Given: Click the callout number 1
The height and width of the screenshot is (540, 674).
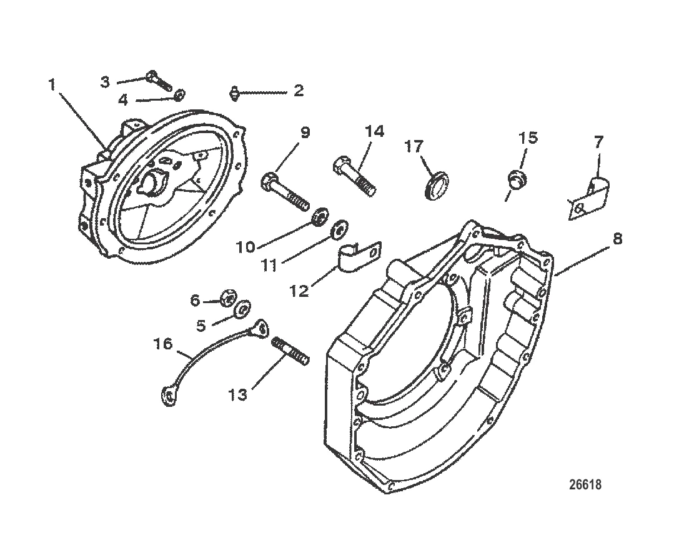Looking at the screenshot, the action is [52, 84].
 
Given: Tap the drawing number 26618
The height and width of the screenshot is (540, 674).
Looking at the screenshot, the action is [585, 484].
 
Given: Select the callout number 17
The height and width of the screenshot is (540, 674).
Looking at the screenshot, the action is [414, 147].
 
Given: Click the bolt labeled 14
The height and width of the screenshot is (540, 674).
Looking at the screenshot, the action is [354, 176].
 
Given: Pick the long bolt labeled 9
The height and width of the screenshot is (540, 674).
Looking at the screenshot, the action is [285, 191].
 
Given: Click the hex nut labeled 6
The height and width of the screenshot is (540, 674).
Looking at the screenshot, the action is [228, 297].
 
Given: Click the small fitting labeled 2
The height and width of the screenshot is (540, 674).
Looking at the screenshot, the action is [234, 93].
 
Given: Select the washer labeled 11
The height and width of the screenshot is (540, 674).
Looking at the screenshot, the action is [339, 229].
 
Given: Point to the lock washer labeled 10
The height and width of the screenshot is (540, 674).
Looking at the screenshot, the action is [319, 216].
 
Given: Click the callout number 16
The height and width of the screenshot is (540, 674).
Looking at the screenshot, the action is [163, 344].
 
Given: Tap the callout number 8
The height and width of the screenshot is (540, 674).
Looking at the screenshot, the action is [617, 239].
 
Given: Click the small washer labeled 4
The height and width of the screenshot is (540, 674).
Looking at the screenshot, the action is [180, 94].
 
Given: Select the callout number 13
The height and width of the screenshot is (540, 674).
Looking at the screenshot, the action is [238, 394].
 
